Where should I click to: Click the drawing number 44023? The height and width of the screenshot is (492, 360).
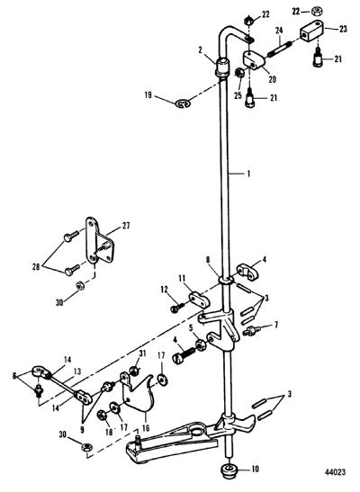point(335,472)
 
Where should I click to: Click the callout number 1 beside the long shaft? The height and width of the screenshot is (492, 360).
point(249,174)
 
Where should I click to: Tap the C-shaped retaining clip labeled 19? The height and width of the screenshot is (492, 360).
point(183,103)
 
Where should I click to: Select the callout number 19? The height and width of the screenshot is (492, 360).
point(148,94)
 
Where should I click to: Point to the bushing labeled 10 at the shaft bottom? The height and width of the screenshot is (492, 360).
point(230,470)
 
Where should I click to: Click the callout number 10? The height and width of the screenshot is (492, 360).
point(256,469)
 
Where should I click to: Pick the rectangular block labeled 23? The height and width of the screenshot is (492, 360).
point(311,31)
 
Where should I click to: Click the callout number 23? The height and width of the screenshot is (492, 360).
point(343,29)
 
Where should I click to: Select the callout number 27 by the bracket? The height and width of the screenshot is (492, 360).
point(125,225)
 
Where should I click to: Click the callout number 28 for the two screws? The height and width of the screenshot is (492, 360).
point(36,267)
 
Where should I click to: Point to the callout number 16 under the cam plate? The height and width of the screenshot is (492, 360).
point(146,427)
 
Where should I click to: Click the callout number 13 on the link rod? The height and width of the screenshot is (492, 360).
point(77,371)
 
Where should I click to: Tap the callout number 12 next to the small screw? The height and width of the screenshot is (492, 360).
point(164,290)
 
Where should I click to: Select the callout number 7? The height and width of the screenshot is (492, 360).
point(276,325)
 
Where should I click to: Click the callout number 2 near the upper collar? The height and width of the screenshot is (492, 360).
point(200,50)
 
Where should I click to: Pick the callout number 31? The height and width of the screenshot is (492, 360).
point(142,353)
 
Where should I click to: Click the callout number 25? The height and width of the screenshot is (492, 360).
point(238,95)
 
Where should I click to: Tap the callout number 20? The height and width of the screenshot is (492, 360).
point(272,79)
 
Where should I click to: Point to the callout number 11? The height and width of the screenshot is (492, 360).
point(182,278)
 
